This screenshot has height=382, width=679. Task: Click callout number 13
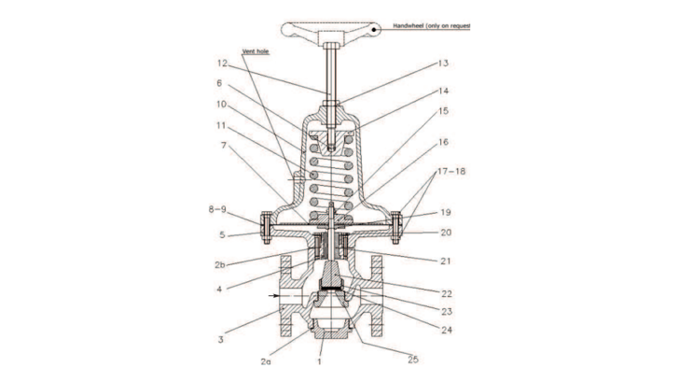(443, 64)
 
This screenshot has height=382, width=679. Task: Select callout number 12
(222, 64)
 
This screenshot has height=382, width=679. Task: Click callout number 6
(219, 82)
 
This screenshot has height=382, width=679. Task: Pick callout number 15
(443, 112)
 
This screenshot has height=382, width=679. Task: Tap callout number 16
(443, 142)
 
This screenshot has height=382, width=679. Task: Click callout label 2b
(219, 265)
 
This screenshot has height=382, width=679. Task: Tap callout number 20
(445, 233)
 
